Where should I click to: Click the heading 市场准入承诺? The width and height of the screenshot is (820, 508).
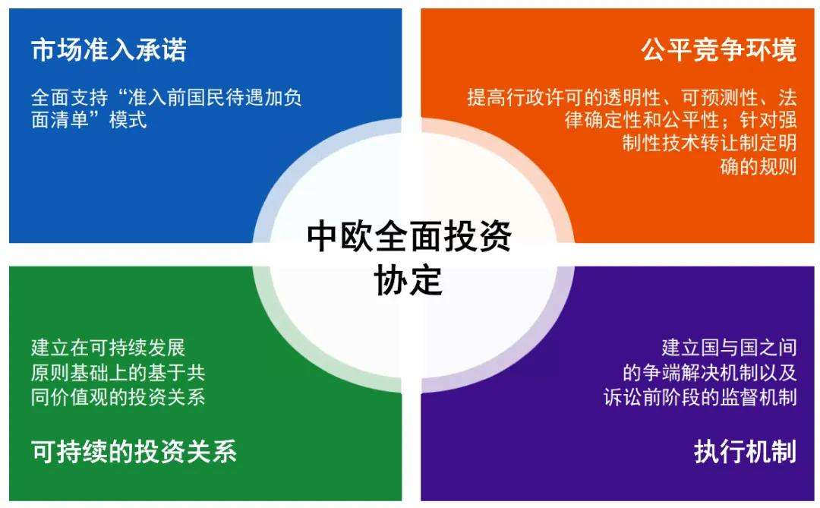pyautogui.click(x=109, y=49)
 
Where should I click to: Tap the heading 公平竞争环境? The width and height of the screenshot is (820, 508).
pyautogui.click(x=718, y=49)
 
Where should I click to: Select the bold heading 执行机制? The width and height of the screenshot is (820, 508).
pyautogui.click(x=746, y=452)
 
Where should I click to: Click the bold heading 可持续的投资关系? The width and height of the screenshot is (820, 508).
pyautogui.click(x=134, y=452)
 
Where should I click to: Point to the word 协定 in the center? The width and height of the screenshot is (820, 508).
pyautogui.click(x=408, y=280)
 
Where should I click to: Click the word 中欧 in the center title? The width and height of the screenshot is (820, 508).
pyautogui.click(x=340, y=235)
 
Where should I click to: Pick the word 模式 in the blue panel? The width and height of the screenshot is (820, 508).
pyautogui.click(x=128, y=120)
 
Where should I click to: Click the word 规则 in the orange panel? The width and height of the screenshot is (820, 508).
pyautogui.click(x=777, y=166)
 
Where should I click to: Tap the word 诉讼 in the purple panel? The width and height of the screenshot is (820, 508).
pyautogui.click(x=623, y=397)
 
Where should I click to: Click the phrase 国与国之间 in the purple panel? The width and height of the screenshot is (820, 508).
pyautogui.click(x=749, y=347)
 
